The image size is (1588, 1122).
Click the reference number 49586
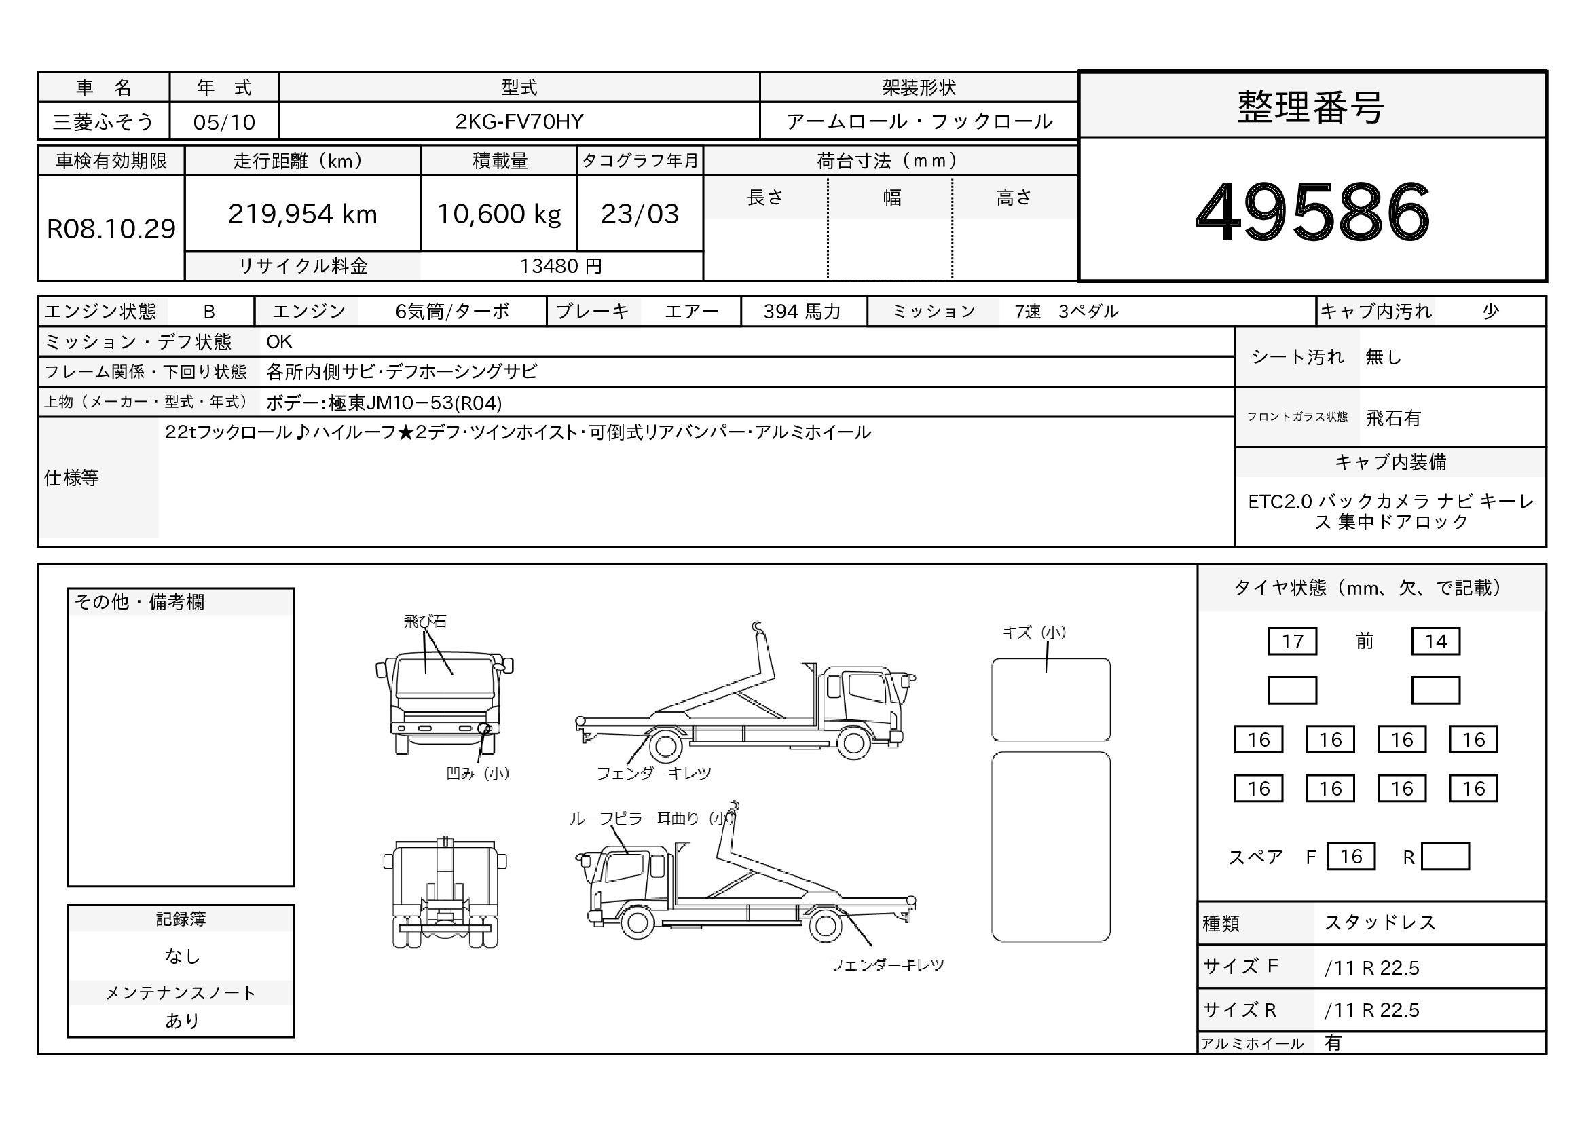pyautogui.click(x=1312, y=211)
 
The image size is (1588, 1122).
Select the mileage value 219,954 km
pyautogui.click(x=302, y=214)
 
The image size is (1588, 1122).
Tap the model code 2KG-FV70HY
pyautogui.click(x=519, y=121)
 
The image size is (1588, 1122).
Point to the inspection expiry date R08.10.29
pyautogui.click(x=111, y=229)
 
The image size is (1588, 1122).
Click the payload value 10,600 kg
pyautogui.click(x=499, y=214)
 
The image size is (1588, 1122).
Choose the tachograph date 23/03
pyautogui.click(x=640, y=214)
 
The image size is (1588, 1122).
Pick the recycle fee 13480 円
pyautogui.click(x=561, y=266)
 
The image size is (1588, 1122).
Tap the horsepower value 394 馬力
pyautogui.click(x=802, y=312)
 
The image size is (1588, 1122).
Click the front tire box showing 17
pyautogui.click(x=1292, y=641)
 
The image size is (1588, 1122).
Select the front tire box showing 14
pyautogui.click(x=1435, y=641)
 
